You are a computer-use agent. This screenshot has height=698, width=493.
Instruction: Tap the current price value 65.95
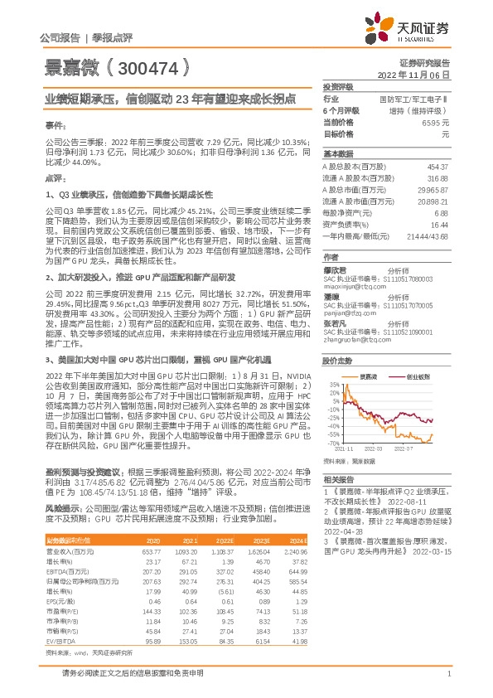point(435,122)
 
